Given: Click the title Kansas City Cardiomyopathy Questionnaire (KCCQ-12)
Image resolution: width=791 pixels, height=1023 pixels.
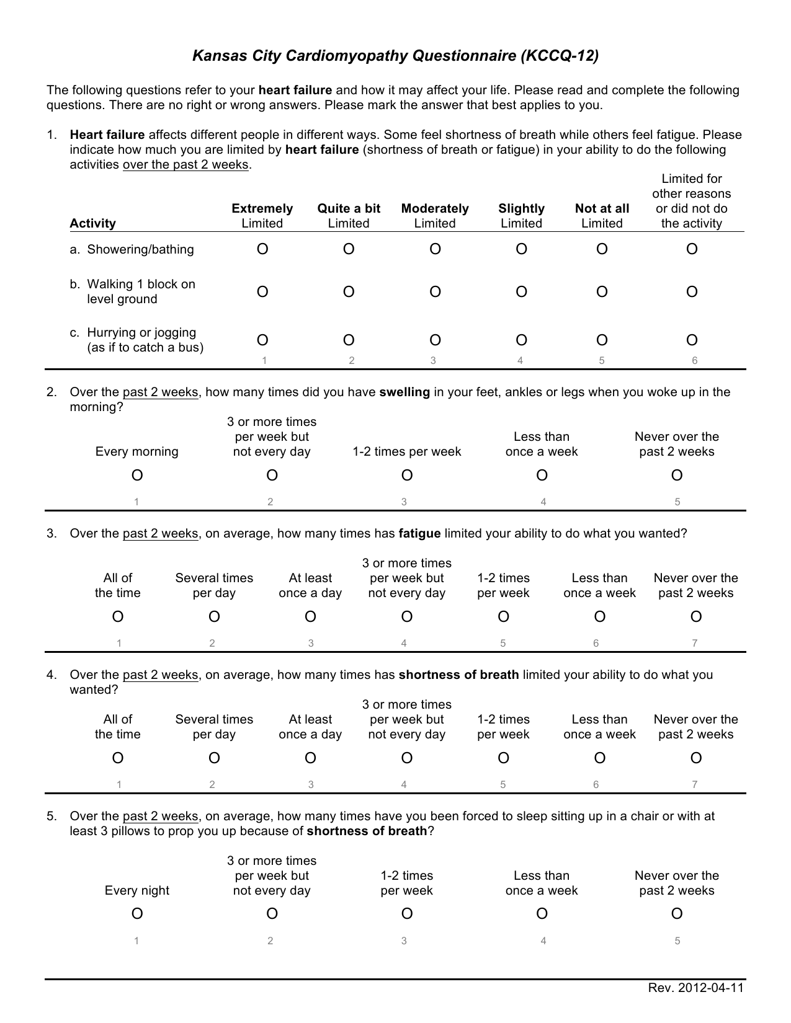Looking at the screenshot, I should click(x=395, y=56).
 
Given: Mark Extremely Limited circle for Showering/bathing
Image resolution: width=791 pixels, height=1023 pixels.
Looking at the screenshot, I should click(x=262, y=249).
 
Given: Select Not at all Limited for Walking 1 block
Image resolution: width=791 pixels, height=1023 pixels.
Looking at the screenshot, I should click(x=602, y=292).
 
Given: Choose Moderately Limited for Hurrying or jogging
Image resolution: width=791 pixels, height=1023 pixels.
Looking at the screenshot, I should click(x=435, y=340).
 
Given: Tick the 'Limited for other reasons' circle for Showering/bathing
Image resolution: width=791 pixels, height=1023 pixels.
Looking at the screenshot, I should click(x=692, y=249).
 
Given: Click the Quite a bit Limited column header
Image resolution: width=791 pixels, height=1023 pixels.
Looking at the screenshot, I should click(x=349, y=215).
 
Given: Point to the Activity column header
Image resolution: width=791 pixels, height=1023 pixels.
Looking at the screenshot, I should click(x=92, y=223).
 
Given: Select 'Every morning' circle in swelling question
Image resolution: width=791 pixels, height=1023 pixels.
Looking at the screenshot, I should click(x=137, y=476).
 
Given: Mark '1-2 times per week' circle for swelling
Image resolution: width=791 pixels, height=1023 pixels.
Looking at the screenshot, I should click(x=407, y=476).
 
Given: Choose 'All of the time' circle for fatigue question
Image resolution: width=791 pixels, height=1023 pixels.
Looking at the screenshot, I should click(x=118, y=617).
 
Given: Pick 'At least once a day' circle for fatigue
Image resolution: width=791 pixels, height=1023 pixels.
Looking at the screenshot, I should click(x=310, y=617).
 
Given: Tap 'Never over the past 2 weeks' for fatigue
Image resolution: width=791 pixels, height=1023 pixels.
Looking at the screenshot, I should click(x=696, y=617).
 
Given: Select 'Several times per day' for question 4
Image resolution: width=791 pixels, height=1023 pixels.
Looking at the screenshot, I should click(x=214, y=758).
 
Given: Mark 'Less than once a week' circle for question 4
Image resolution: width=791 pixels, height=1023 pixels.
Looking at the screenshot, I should click(x=599, y=758).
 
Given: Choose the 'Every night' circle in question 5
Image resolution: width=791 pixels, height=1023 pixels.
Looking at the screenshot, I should click(x=137, y=914).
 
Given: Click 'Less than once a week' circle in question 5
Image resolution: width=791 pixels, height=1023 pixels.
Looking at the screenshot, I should click(x=542, y=914).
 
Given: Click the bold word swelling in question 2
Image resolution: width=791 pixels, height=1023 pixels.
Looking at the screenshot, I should click(x=404, y=392).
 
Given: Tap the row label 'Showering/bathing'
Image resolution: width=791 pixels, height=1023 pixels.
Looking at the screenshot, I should click(x=140, y=249).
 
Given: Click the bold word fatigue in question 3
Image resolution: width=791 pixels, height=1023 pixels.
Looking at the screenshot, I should click(x=419, y=533).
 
